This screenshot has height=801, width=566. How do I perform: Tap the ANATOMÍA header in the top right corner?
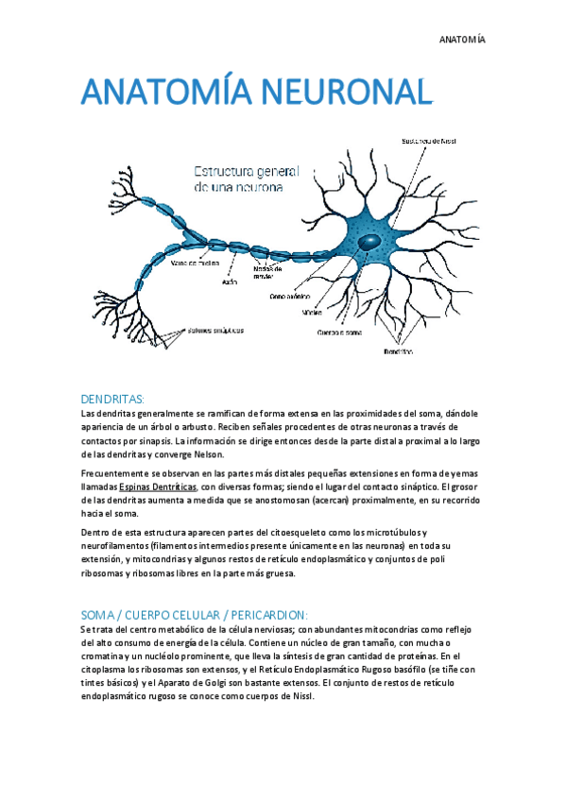tap(462, 40)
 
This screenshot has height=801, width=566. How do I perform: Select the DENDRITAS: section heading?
tap(112, 399)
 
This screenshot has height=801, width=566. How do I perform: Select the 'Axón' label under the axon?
tap(229, 281)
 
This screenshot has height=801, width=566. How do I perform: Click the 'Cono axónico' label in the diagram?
tap(291, 296)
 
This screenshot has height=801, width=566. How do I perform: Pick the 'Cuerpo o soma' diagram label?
tap(338, 332)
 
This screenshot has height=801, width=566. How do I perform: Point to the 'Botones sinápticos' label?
tap(215, 331)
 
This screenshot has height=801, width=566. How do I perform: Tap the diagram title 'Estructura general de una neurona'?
tap(245, 179)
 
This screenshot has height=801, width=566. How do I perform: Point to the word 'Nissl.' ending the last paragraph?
tap(299, 696)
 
